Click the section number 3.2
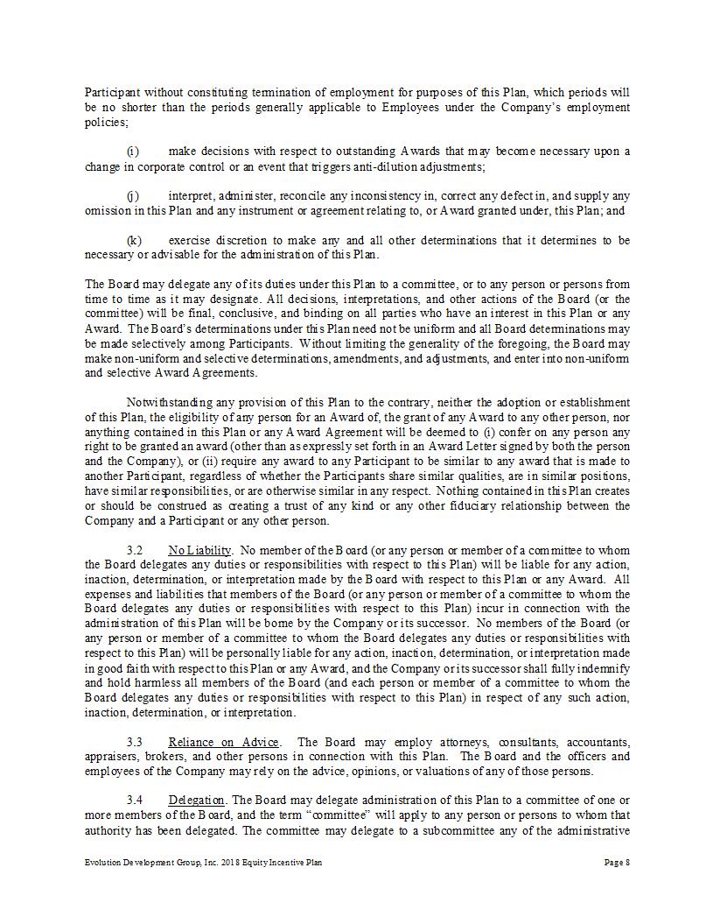pyautogui.click(x=135, y=550)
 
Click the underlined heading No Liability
pyautogui.click(x=199, y=550)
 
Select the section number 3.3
pyautogui.click(x=135, y=742)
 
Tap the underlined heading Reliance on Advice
pyautogui.click(x=224, y=742)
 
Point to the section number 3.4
pyautogui.click(x=135, y=801)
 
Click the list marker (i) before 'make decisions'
pyautogui.click(x=132, y=152)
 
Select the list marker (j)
pyautogui.click(x=133, y=195)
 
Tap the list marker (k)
pyautogui.click(x=134, y=240)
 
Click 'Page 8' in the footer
pyautogui.click(x=617, y=863)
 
